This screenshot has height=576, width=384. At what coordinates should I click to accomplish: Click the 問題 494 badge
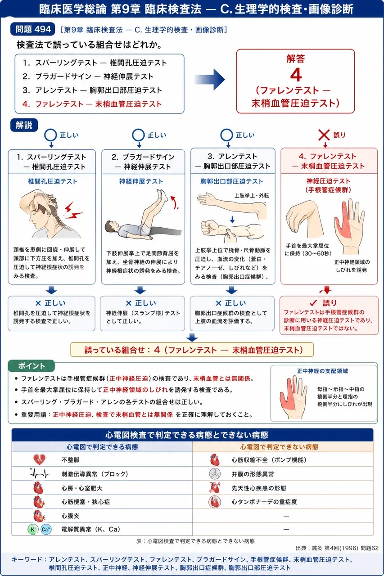[x=33, y=29]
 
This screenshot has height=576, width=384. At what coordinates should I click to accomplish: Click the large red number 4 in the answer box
[x=296, y=75]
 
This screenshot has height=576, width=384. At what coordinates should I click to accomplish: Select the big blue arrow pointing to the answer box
[x=209, y=80]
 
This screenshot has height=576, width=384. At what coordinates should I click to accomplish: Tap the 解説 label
[x=24, y=125]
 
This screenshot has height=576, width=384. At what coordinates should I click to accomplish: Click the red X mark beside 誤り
[x=324, y=135]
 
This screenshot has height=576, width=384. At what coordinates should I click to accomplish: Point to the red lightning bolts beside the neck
[x=73, y=211]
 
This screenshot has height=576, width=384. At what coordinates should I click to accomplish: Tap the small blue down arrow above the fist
[x=232, y=219]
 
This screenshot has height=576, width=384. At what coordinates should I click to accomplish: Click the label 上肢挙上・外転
[x=252, y=196]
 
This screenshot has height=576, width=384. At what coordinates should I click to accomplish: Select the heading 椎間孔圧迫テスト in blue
[x=53, y=181]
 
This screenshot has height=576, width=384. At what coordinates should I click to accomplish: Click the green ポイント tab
[x=32, y=366]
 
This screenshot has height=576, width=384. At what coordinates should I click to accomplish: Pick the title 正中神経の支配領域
[x=322, y=371]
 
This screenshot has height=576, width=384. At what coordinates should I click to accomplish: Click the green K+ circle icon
[x=33, y=530]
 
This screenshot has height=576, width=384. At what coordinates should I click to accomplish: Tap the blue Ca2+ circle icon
[x=46, y=530]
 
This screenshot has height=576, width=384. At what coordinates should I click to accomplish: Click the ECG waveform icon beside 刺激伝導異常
[x=39, y=473]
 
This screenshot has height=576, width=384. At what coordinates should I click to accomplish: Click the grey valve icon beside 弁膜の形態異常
[x=215, y=474]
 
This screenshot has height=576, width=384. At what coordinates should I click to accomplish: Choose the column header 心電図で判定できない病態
[x=279, y=447]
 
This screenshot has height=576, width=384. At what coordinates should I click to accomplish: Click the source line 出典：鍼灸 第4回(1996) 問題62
[x=337, y=548]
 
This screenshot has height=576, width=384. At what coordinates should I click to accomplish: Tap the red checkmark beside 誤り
[x=313, y=303]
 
